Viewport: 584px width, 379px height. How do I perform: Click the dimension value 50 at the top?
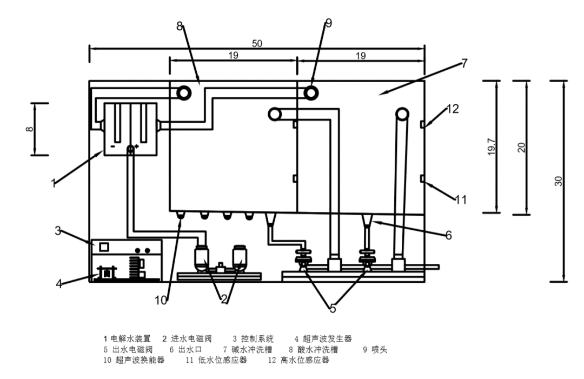[x=256, y=43]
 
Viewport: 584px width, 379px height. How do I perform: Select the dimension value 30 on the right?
[x=558, y=182]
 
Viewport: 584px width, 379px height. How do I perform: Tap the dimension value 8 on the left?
[x=29, y=129]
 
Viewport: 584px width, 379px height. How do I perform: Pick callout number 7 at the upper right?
[x=463, y=63]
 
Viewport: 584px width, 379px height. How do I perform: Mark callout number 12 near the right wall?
[x=453, y=109]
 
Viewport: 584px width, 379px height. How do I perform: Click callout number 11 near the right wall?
[x=460, y=200]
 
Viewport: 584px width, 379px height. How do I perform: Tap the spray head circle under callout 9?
[x=311, y=92]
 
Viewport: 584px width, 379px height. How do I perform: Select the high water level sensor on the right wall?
[x=422, y=125]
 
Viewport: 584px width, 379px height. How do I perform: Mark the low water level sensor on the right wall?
[x=422, y=178]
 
